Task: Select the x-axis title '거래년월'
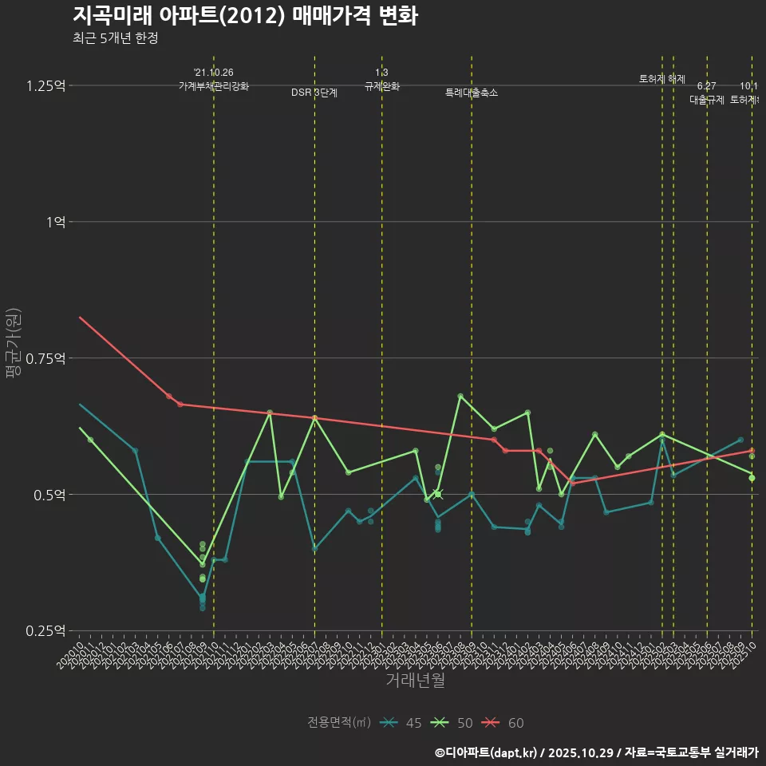[x=415, y=681]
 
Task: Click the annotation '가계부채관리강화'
[x=214, y=87]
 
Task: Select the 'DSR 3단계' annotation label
[x=314, y=93]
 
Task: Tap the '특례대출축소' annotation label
[x=471, y=93]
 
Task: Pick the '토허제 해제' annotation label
[x=661, y=79]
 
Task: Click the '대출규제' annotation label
[x=706, y=101]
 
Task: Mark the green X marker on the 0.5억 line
[x=437, y=495]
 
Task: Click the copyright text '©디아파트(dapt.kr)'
[x=491, y=752]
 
